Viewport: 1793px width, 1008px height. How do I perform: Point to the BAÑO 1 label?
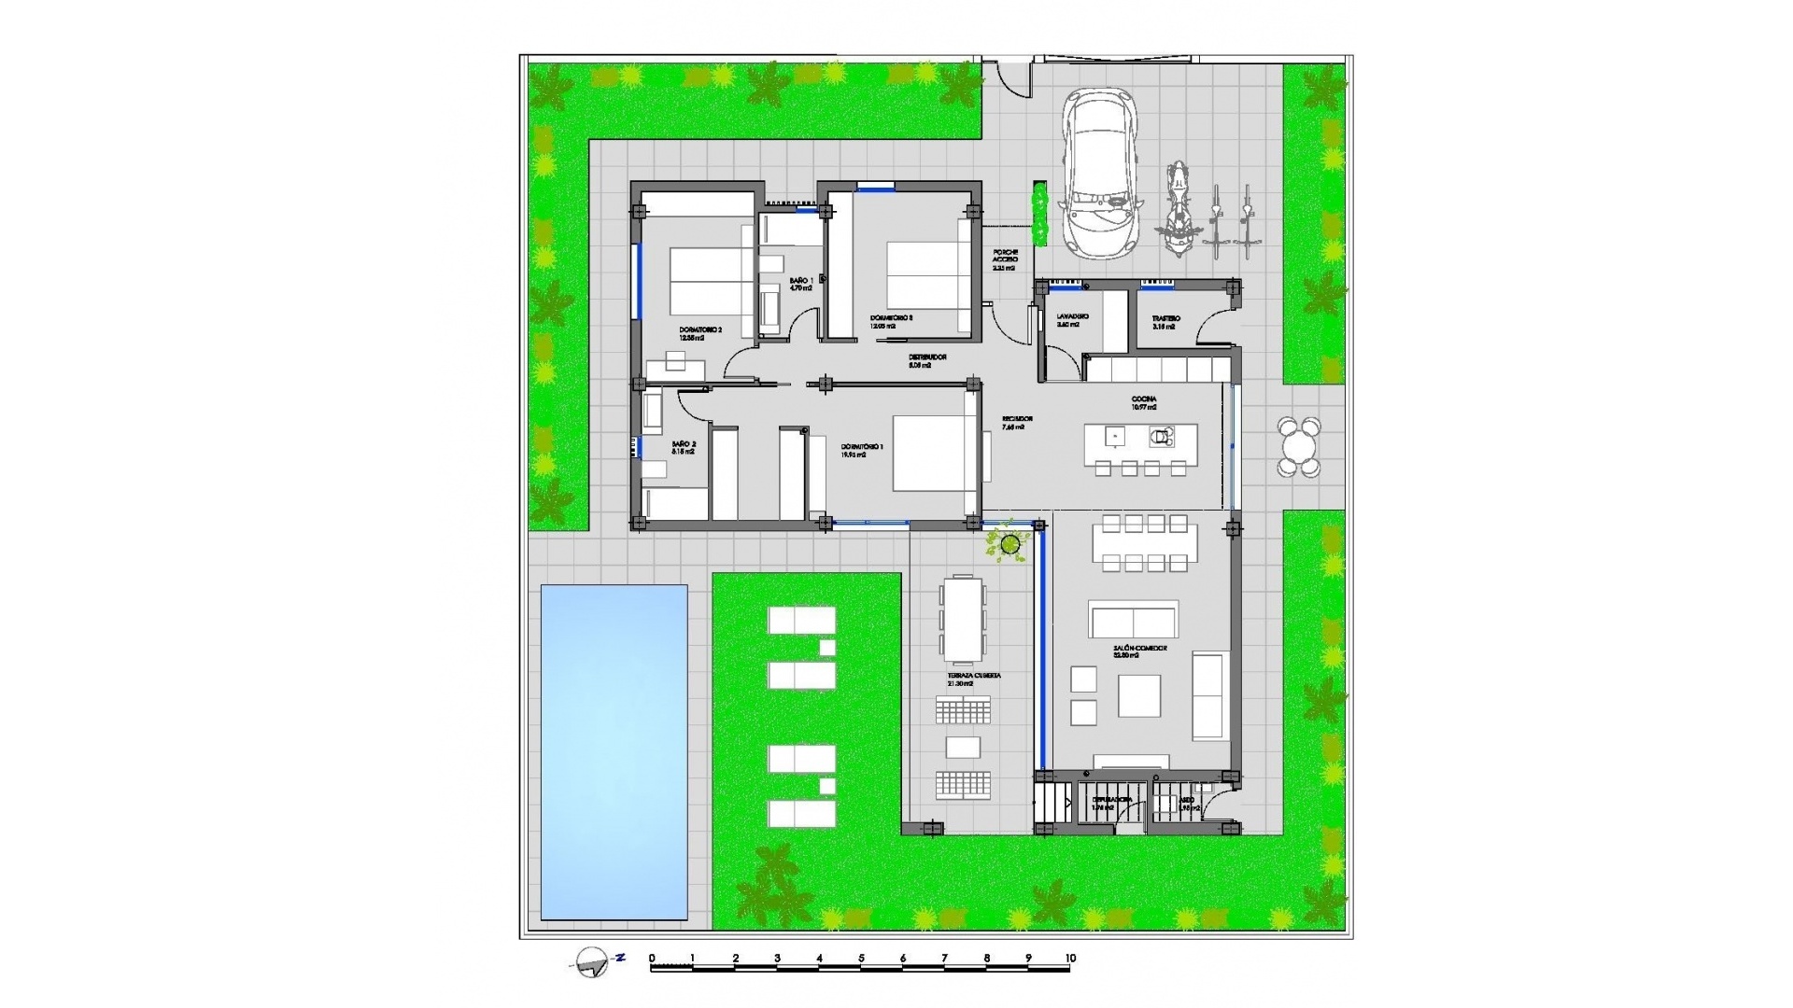point(800,284)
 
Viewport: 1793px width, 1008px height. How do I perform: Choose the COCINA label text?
point(1143,402)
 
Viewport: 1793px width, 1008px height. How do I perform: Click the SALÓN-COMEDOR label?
point(1139,651)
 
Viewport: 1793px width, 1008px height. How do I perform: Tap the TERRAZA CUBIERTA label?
point(974,679)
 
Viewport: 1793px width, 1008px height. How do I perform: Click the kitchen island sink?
point(1113,435)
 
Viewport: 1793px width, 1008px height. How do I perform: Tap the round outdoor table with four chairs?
point(1299,447)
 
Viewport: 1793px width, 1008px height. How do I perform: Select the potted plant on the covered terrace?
point(1009,543)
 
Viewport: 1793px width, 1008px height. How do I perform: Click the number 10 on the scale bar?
point(1070,959)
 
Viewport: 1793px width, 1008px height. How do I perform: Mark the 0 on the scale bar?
point(652,959)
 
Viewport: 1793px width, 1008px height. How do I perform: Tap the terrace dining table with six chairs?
point(963,619)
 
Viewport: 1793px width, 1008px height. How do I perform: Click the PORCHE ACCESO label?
point(1005,259)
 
